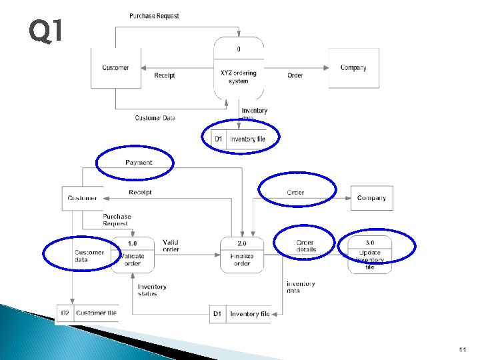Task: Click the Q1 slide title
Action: point(46,31)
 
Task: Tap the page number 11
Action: point(463,349)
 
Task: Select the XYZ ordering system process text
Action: point(239,77)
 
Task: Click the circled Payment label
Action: point(139,163)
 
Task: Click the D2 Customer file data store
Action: point(89,313)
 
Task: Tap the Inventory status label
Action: point(152,290)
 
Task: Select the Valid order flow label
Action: point(171,246)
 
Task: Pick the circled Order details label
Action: point(306,246)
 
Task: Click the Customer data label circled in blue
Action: point(89,256)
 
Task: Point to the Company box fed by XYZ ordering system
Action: point(353,68)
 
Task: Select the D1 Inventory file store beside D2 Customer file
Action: point(241,314)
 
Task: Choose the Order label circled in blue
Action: point(295,193)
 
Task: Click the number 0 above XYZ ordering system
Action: point(239,49)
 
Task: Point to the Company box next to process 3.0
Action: point(371,198)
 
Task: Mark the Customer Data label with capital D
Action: point(155,118)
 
